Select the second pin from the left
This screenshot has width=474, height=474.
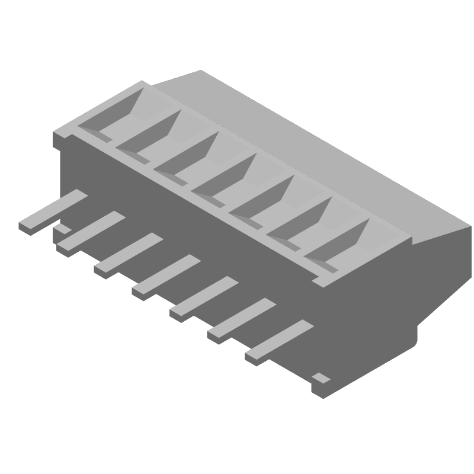[90, 233]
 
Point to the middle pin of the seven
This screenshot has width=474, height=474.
[165, 276]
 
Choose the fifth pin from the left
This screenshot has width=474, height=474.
[203, 298]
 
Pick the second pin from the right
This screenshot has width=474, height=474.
[241, 320]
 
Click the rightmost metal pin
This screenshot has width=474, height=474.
[278, 342]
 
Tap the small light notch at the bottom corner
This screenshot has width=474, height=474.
[321, 377]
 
